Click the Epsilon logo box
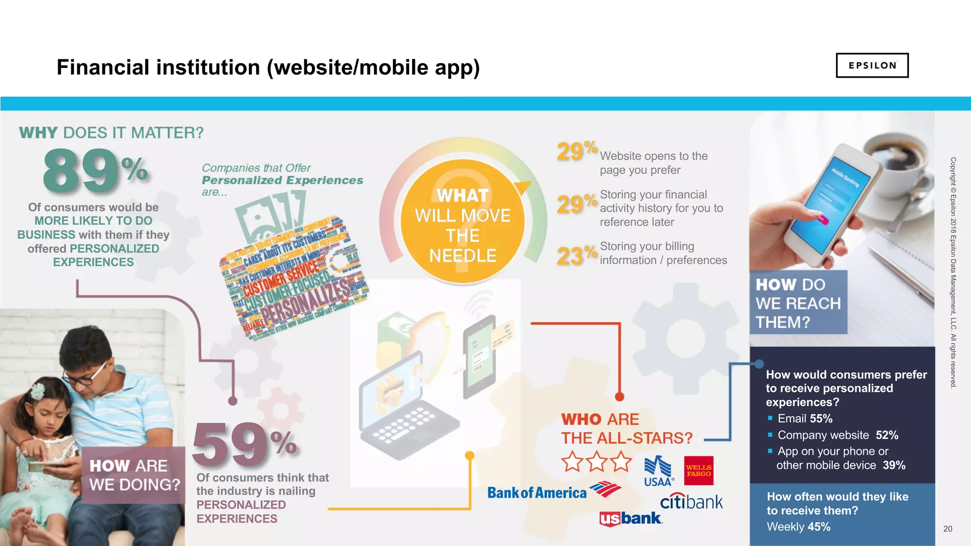coord(872,65)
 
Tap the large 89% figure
coord(95,171)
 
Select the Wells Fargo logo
coord(698,471)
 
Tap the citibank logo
coord(691,501)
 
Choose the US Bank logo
coord(631,519)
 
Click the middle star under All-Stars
coord(596,461)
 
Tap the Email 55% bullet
coord(805,419)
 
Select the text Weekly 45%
coord(798,527)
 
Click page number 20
coord(947,528)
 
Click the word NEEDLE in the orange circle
coord(463,256)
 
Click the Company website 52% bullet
coord(838,435)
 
